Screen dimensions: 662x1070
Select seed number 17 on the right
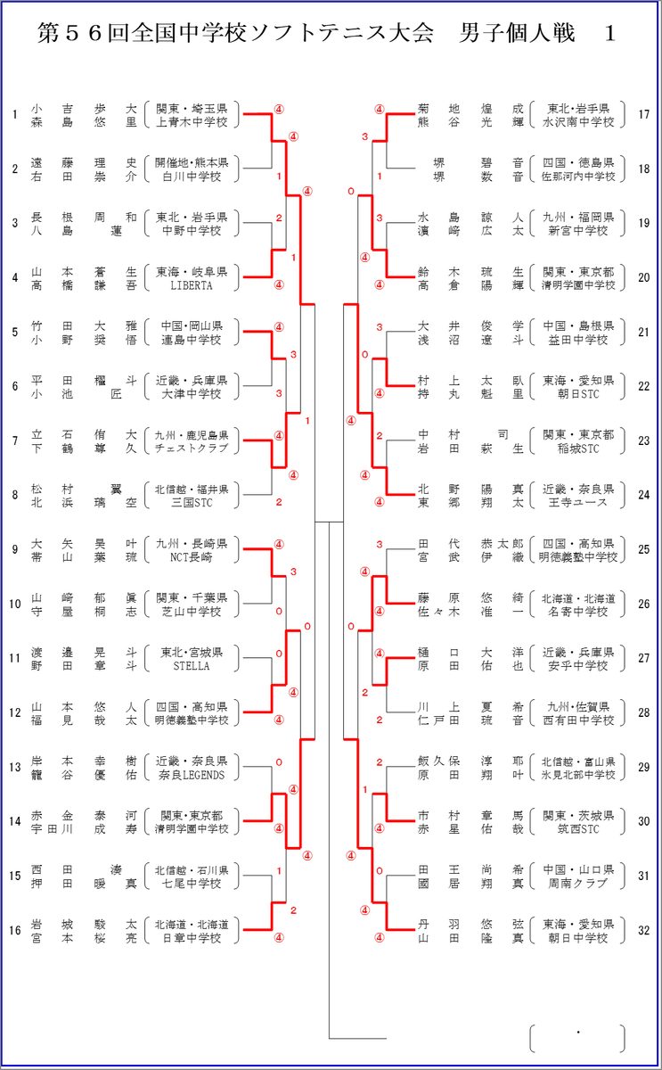[x=644, y=115]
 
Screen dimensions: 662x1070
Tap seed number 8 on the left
[x=15, y=495]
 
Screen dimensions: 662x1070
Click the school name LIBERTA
[x=192, y=285]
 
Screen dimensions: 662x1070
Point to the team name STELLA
[x=192, y=666]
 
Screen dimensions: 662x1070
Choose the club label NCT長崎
[x=192, y=557]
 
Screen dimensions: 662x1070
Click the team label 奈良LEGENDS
[x=192, y=775]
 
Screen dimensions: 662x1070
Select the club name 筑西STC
[x=578, y=829]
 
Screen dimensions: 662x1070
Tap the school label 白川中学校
[x=192, y=177]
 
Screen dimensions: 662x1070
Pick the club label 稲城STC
[x=578, y=449]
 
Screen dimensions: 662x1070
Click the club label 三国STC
[x=192, y=503]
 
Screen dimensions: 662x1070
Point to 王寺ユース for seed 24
[x=578, y=503]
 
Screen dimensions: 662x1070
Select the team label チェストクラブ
[x=192, y=448]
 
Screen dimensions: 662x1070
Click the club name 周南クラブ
[x=578, y=884]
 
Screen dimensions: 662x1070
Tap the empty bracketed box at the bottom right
[x=577, y=1038]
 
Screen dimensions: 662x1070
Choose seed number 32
[x=644, y=931]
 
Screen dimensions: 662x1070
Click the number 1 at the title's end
[x=609, y=34]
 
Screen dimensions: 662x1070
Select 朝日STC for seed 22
[x=578, y=394]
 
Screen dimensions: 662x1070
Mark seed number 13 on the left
[x=15, y=767]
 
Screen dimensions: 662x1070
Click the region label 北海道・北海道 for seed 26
[x=578, y=598]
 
